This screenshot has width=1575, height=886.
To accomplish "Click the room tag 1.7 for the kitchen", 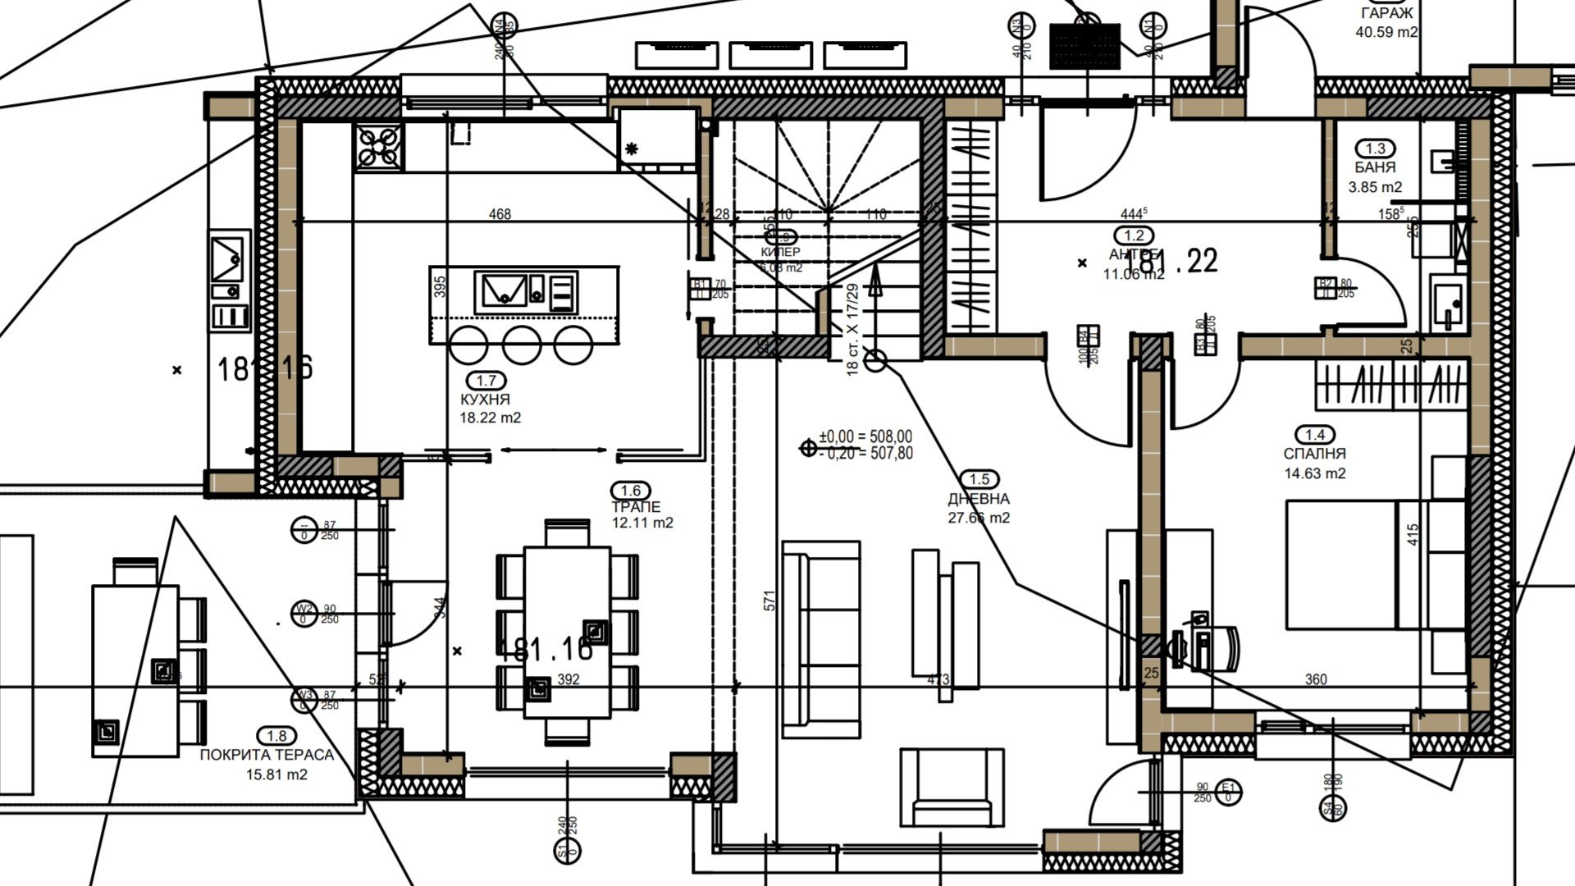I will [x=486, y=381].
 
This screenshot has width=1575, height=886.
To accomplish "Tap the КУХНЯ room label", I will [x=485, y=400].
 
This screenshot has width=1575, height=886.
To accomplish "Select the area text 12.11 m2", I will [x=642, y=523].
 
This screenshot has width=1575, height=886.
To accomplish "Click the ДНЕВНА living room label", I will [x=979, y=499].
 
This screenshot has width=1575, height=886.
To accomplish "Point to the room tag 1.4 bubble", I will [x=1314, y=435].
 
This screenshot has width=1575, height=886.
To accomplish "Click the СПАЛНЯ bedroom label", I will [x=1314, y=454].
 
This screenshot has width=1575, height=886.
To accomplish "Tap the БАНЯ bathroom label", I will [x=1375, y=167].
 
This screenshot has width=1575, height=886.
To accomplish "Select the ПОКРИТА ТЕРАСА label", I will [x=267, y=755].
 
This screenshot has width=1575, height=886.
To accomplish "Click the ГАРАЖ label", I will [x=1386, y=13].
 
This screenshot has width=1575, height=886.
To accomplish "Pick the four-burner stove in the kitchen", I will [x=378, y=148].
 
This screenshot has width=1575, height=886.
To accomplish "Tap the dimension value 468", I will [x=500, y=215].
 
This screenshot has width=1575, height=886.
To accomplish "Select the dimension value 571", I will [x=769, y=601].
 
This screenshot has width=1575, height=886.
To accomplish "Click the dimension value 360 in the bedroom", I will [x=1316, y=679].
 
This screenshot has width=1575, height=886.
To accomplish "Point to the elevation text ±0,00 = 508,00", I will [x=865, y=436].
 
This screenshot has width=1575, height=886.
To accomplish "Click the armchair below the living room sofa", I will [x=952, y=788].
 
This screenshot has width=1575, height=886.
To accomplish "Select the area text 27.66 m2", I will [x=979, y=518].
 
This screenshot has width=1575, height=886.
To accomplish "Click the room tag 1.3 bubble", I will [x=1375, y=148].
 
